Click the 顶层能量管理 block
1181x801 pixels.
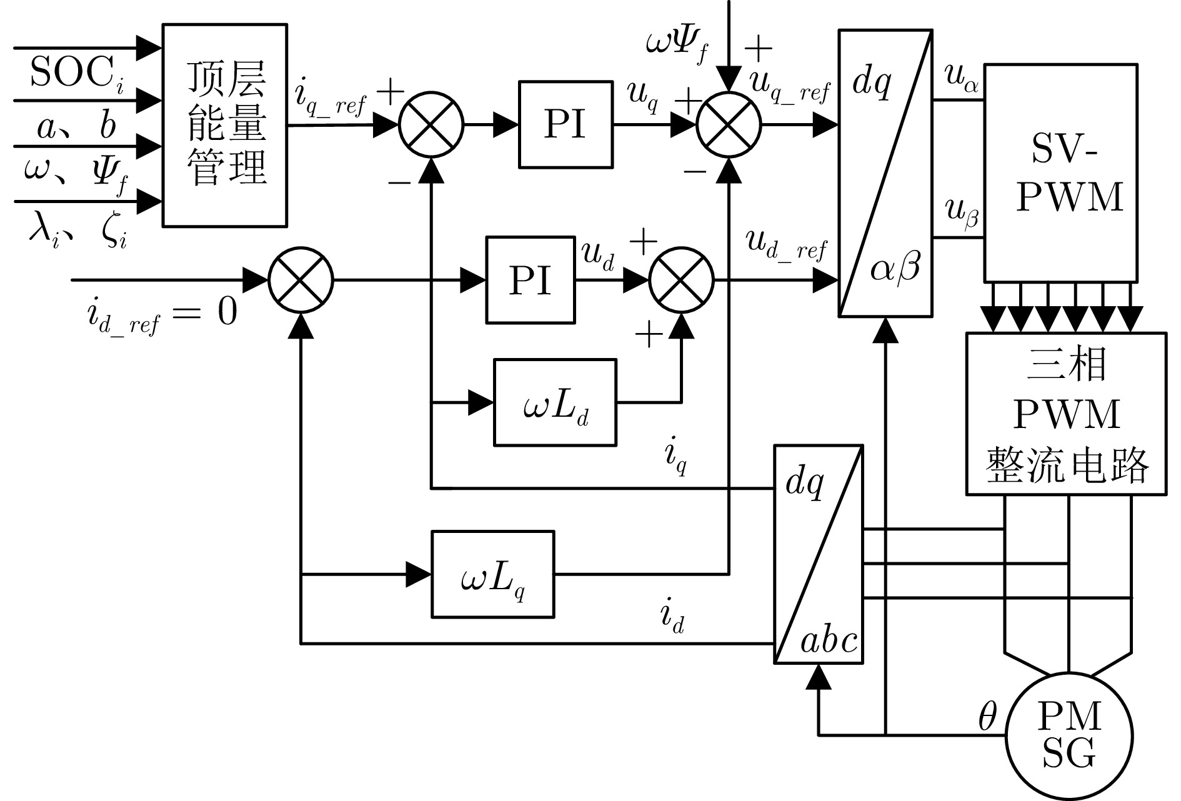pyautogui.click(x=225, y=125)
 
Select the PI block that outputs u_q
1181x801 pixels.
pyautogui.click(x=566, y=124)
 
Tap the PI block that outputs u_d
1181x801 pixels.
pyautogui.click(x=531, y=280)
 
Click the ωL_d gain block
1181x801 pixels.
pyautogui.click(x=555, y=402)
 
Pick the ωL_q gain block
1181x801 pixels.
pyautogui.click(x=492, y=574)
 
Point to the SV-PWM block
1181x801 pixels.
pyautogui.click(x=1060, y=173)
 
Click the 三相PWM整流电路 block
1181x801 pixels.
pyautogui.click(x=1066, y=414)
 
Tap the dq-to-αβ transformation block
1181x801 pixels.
pyautogui.click(x=885, y=173)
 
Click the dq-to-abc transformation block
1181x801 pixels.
pyautogui.click(x=819, y=554)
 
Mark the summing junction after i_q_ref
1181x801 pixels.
pyautogui.click(x=431, y=124)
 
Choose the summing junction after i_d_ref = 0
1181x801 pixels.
pyautogui.click(x=301, y=281)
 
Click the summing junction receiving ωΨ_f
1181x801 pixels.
pyautogui.click(x=729, y=124)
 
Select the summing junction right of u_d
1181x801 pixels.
pyautogui.click(x=681, y=280)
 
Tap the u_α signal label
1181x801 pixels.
pyautogui.click(x=962, y=79)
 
